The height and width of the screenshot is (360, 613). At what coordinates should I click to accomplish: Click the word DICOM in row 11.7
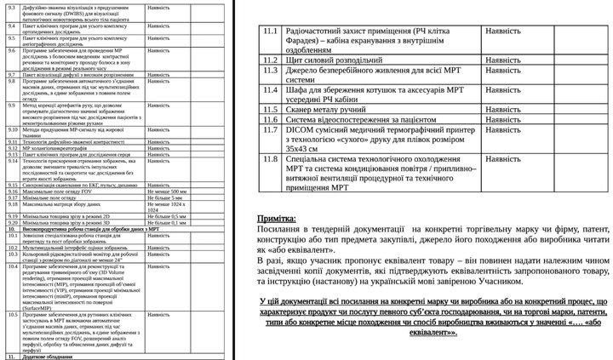303,130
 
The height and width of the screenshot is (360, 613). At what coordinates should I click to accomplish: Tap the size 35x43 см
301,149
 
